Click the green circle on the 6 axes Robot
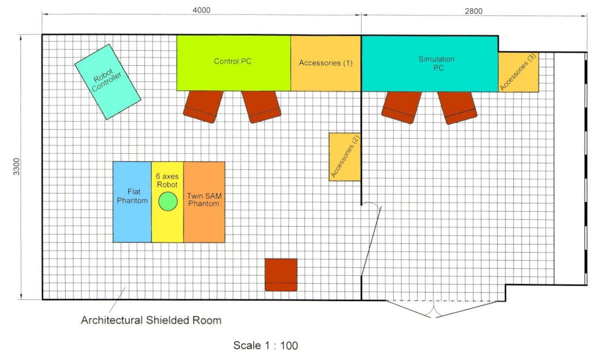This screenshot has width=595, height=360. (x=168, y=201)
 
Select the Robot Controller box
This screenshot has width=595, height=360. (x=107, y=82)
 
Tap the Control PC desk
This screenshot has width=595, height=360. (x=233, y=63)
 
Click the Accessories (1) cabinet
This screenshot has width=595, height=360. (x=326, y=63)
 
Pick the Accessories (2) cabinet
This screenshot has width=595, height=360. (x=345, y=157)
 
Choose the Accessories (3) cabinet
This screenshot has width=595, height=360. (x=518, y=72)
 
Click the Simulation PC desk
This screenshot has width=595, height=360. (x=430, y=63)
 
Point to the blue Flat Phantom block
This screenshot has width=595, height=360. (x=132, y=202)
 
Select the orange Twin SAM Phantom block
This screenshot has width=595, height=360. (x=204, y=202)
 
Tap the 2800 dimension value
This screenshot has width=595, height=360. (x=473, y=11)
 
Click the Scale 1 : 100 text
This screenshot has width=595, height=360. (x=265, y=346)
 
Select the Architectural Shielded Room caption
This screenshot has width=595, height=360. (x=151, y=320)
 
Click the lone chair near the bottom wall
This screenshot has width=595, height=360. (x=281, y=274)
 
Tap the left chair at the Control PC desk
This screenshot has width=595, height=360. (x=203, y=106)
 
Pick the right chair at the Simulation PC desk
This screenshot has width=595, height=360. (x=457, y=107)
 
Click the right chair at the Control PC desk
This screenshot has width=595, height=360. (x=262, y=107)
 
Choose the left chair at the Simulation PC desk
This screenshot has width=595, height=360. (x=401, y=107)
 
